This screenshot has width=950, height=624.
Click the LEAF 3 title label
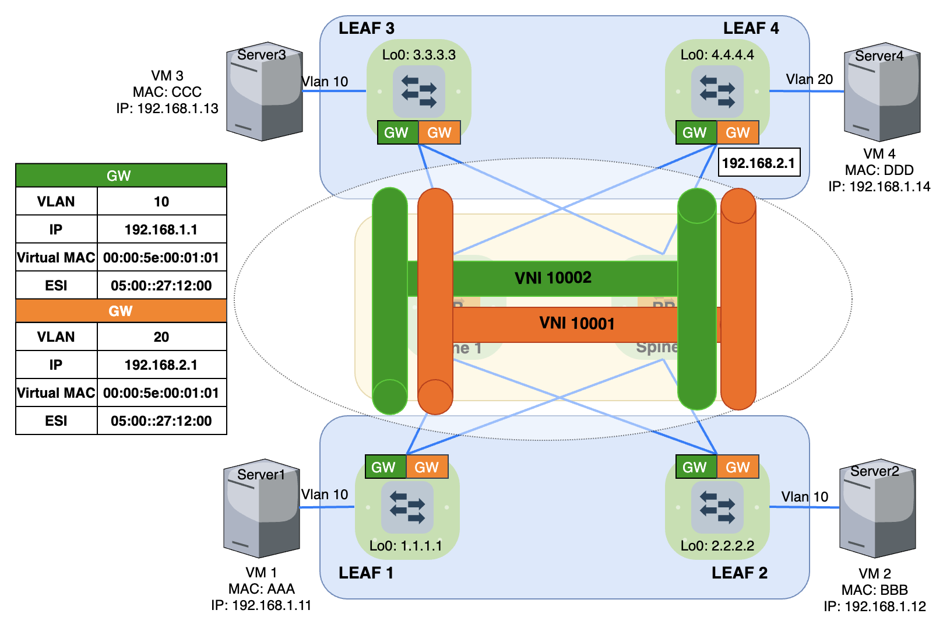coord(366,28)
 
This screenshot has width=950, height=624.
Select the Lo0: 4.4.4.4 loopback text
coord(717,55)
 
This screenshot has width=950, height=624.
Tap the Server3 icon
coord(264,92)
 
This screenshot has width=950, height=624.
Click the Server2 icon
coord(877,509)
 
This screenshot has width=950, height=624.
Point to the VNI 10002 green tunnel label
coord(553,278)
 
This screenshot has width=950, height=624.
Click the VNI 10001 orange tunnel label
coord(576,323)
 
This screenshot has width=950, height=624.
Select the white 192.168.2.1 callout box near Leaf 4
coord(758,163)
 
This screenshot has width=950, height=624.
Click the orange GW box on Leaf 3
coord(439,132)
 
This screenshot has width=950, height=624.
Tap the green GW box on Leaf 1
coord(383,467)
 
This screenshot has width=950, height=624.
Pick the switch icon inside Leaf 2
coord(717,507)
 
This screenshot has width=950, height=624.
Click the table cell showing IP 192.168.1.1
coord(161,229)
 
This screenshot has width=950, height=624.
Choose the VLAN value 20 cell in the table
coord(161,336)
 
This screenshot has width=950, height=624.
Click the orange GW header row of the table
coord(121,311)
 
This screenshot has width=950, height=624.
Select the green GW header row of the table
coord(121,176)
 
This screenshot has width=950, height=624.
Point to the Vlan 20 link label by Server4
coord(809,79)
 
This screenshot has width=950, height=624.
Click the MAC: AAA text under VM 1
coord(261,589)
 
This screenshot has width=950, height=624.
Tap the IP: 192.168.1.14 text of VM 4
coord(879,187)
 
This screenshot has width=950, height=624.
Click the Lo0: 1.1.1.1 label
coord(406,546)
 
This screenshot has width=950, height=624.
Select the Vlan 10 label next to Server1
coord(324,495)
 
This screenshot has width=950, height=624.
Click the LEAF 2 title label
coord(739,573)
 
